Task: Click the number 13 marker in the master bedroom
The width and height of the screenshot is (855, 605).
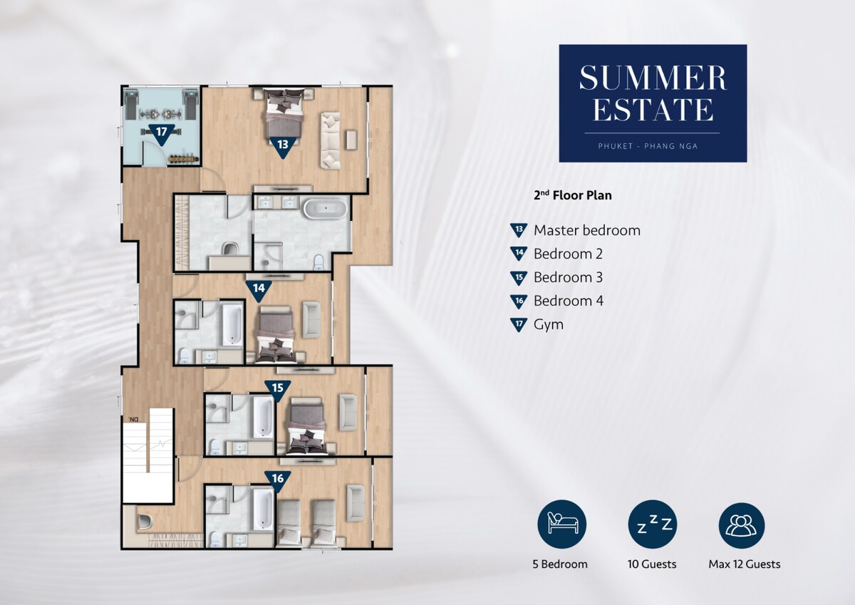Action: (283, 145)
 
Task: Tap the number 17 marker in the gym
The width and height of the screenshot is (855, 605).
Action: (162, 133)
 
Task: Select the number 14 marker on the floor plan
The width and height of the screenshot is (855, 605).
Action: (259, 289)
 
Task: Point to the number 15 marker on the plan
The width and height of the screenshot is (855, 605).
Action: (277, 389)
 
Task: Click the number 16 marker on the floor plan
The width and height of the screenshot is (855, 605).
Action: (277, 480)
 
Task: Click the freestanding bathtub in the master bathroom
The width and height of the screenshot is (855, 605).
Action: (326, 209)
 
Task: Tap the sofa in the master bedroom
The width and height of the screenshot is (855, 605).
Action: (330, 140)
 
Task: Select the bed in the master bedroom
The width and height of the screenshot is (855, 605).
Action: (284, 113)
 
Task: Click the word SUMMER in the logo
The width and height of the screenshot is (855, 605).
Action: (653, 78)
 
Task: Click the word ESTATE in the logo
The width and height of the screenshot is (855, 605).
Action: (653, 109)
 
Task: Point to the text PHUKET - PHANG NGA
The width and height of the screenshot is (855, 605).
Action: (648, 146)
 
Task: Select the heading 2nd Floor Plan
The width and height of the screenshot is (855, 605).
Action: (573, 195)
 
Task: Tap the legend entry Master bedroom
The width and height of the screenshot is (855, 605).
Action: (587, 231)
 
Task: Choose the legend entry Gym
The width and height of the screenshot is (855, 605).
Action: (549, 325)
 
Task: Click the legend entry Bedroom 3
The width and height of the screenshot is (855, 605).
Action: (568, 277)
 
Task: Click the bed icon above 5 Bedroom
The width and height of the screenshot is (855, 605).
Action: (562, 524)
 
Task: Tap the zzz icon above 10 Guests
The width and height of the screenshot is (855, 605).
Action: (653, 524)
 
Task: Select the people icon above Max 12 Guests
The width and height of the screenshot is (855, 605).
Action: (742, 526)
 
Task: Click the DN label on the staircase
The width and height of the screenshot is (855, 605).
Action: (133, 420)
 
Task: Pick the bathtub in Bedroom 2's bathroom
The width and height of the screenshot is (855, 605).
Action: (232, 324)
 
